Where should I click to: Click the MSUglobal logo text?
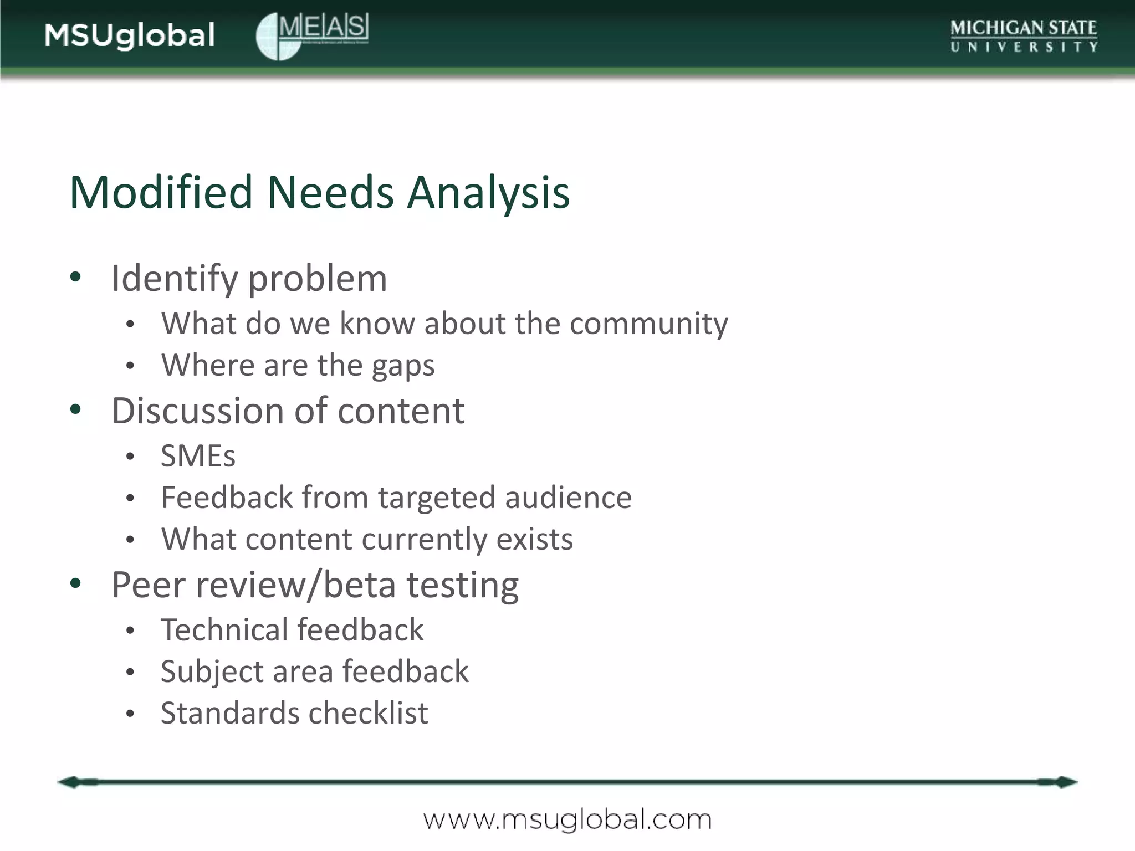click(x=130, y=35)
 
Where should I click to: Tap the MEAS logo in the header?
click(x=312, y=35)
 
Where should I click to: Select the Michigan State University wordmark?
click(x=1023, y=35)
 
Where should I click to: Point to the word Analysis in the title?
click(x=488, y=192)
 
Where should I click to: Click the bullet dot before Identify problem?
click(x=76, y=276)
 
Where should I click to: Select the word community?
click(x=648, y=324)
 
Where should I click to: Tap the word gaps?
click(x=403, y=366)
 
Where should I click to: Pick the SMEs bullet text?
click(x=198, y=456)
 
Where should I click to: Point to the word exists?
click(x=534, y=539)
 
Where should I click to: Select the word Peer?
click(x=147, y=585)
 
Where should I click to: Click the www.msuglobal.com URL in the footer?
click(x=567, y=819)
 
